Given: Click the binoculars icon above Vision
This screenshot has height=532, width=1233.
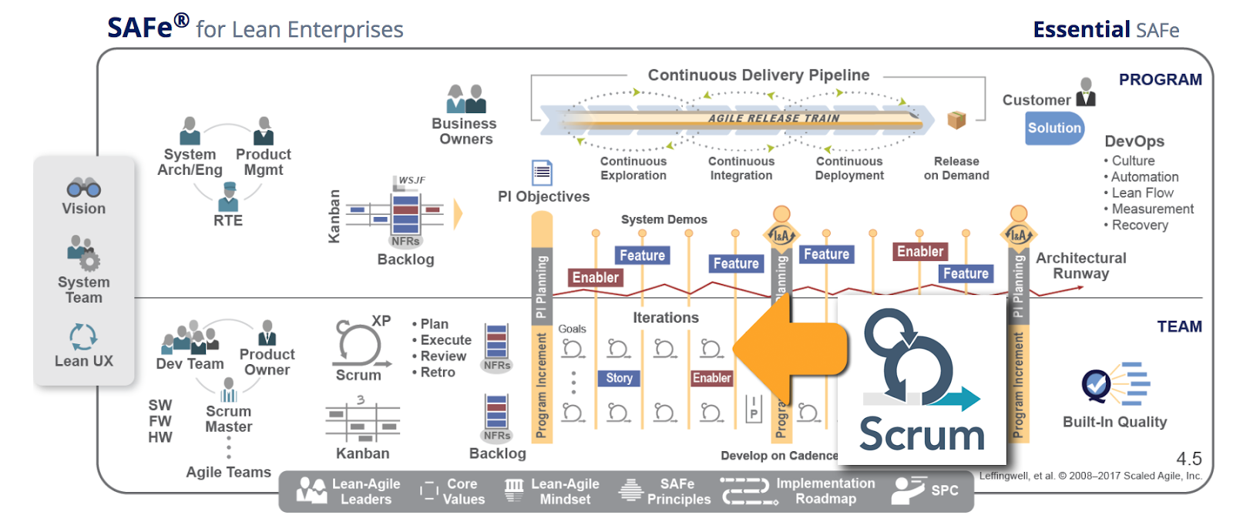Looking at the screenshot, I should pos(83,187).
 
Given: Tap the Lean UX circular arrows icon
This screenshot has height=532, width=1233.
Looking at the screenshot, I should pos(83,336).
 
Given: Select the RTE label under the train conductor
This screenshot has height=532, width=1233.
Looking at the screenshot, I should pos(228,221).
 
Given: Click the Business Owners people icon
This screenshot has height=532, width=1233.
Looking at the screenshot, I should pos(466,99).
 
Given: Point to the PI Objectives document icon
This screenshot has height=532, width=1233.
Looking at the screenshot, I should pos(542,172).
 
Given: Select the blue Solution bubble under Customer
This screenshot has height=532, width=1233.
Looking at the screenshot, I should pos(1054,129).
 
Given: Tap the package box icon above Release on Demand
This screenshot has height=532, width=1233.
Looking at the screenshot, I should pos(956,119).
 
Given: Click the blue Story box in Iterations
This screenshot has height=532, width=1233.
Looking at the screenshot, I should pos(619,378).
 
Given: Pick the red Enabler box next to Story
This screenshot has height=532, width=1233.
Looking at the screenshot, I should pos(711,378).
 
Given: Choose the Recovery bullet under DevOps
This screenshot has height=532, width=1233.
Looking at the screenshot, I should pos(1139,226).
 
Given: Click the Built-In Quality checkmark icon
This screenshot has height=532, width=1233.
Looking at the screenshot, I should pos(1097,383).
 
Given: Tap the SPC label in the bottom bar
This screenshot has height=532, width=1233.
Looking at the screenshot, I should pos(944,490).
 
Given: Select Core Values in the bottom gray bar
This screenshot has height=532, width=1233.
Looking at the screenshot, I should pos(463,491).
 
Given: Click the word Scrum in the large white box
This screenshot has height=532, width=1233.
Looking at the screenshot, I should pos(922,435).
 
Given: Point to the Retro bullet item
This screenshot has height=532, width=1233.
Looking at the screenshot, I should pos(437,373).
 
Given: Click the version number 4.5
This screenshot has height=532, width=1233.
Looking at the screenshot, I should pos(1189,459).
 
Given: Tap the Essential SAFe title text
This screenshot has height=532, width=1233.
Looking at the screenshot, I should pos(1105,30).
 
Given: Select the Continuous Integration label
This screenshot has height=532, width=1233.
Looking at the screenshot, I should pos(741,169).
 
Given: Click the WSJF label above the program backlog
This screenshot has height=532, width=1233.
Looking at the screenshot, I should pos(412,180).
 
